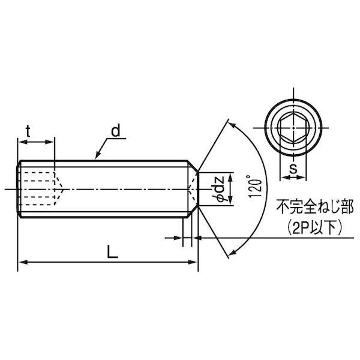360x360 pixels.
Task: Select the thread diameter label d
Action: coord(115,131)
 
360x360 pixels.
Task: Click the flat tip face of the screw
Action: coord(197,188)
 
